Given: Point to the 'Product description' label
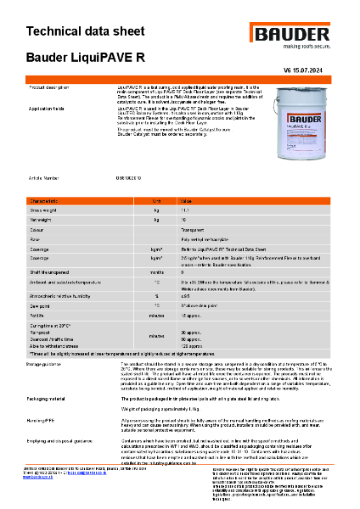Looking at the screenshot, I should (x=53, y=87).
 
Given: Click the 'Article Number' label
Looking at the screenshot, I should (x=44, y=178).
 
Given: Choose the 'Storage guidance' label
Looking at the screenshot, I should (x=49, y=362).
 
